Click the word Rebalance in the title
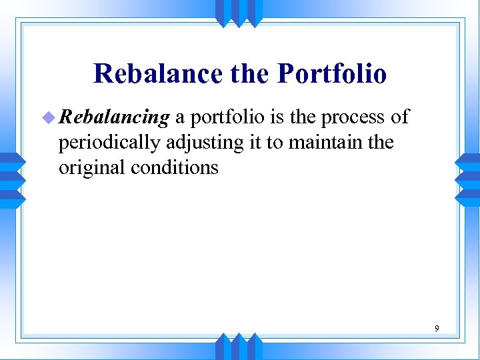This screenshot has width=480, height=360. pos(157,73)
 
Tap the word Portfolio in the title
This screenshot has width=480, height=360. pos(332,73)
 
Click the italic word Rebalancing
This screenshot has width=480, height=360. pos(114,118)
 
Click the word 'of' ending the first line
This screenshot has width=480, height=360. pos(399,118)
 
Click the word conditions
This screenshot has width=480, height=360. pos(175,167)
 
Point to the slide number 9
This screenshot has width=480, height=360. pos(437,328)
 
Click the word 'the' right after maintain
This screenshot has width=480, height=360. pos(380,143)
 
